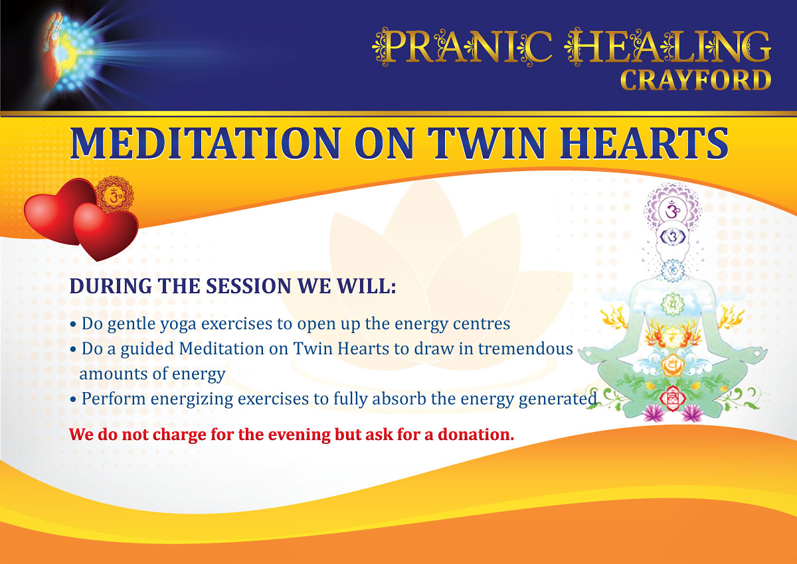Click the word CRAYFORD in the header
click(x=695, y=80)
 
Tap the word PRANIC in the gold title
click(x=462, y=46)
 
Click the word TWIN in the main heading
click(x=487, y=143)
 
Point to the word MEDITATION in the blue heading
click(x=206, y=143)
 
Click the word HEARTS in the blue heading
click(x=644, y=143)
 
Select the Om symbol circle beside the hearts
click(x=114, y=195)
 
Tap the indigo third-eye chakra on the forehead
click(x=672, y=236)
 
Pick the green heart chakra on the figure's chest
click(x=672, y=305)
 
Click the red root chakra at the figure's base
click(x=672, y=398)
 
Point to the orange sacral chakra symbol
click(x=672, y=365)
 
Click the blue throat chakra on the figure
click(x=672, y=271)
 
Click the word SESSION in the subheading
click(x=248, y=286)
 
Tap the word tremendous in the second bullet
click(x=525, y=349)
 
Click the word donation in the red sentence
click(x=476, y=435)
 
